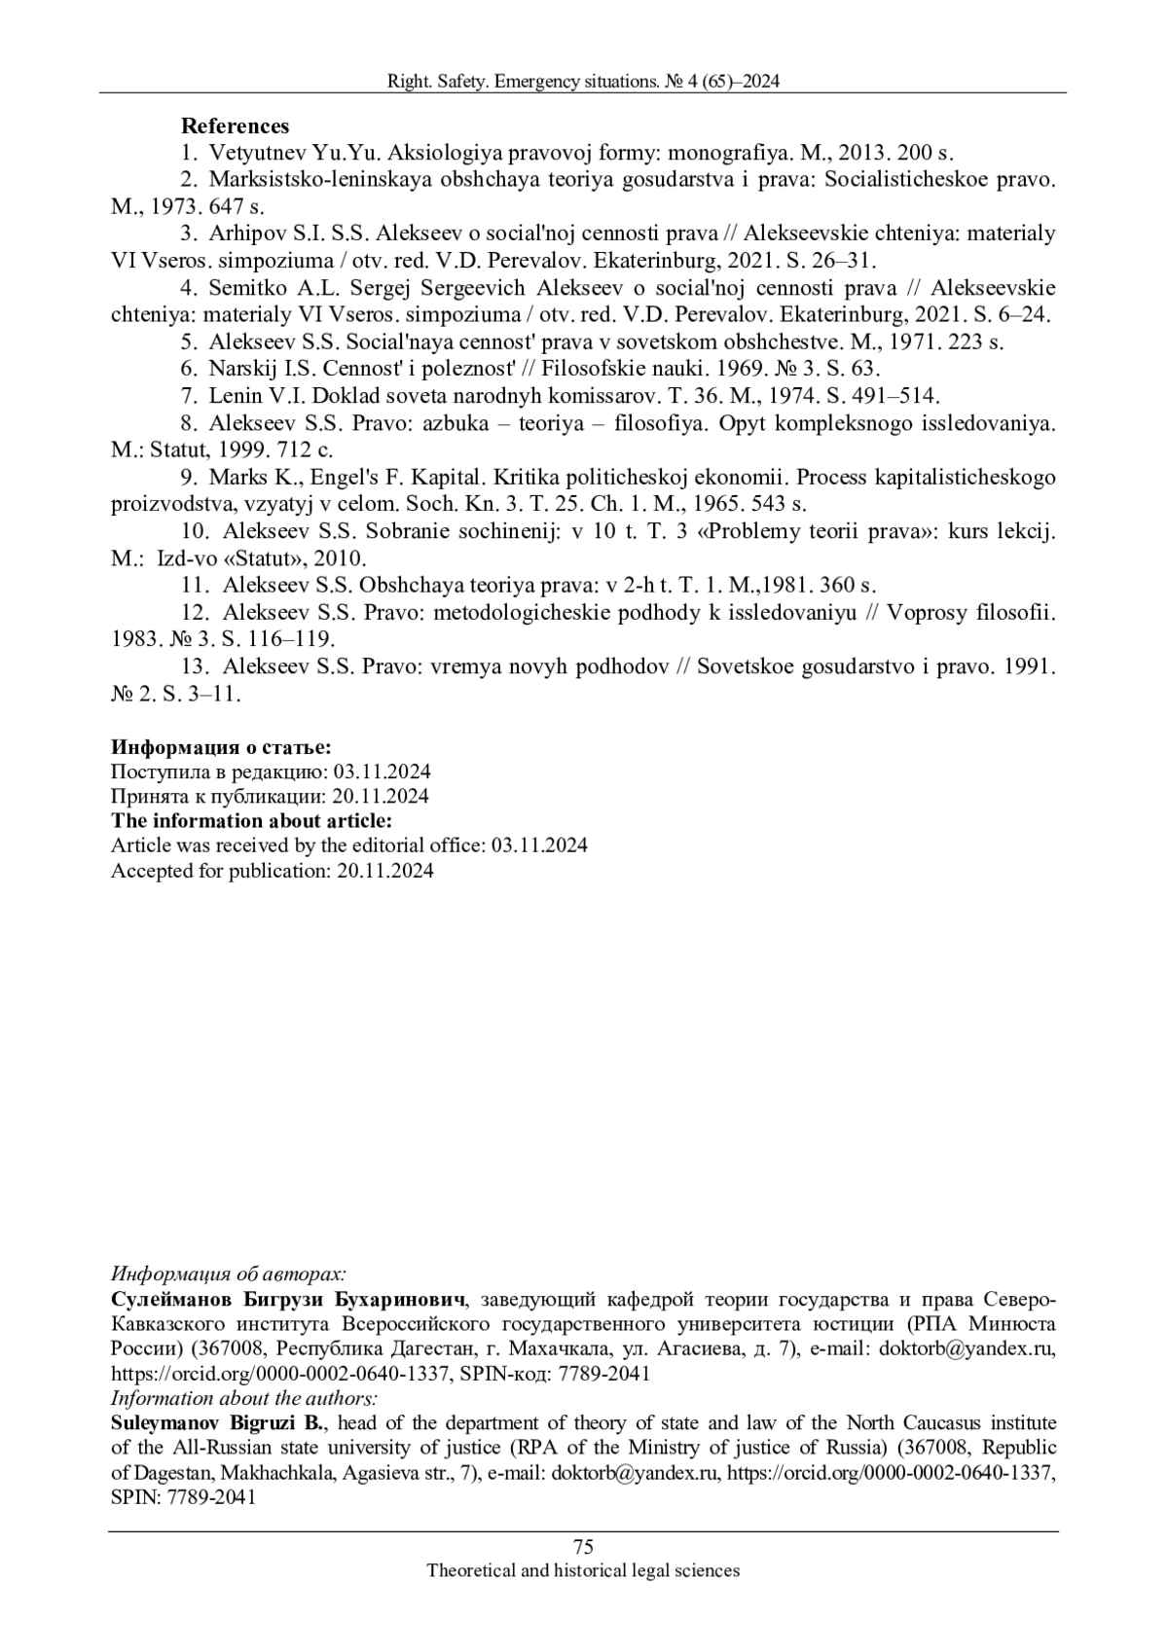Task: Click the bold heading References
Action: (235, 126)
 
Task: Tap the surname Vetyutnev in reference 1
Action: (256, 153)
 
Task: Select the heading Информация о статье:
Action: (221, 747)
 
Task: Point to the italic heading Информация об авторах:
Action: (229, 1274)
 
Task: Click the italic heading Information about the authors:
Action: (243, 1399)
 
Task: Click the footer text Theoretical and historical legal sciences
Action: (584, 1570)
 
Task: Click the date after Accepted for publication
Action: (385, 871)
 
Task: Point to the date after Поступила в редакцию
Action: (383, 772)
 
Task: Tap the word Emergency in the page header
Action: (534, 83)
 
